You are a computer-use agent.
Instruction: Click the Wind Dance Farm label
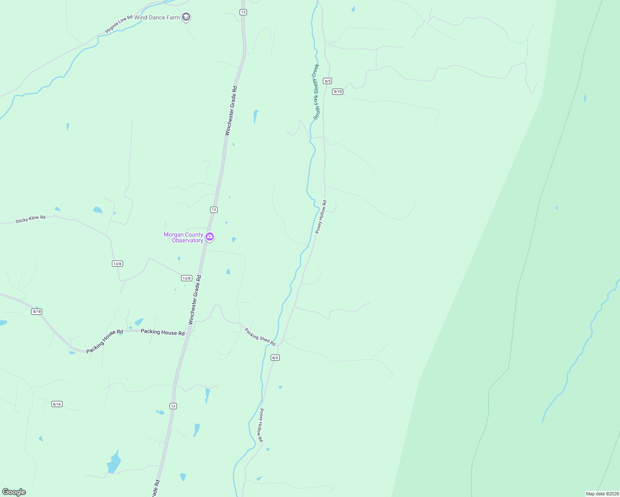pyautogui.click(x=157, y=17)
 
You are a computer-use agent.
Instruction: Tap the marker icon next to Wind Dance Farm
pyautogui.click(x=186, y=17)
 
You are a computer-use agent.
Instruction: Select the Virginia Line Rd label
pyautogui.click(x=119, y=24)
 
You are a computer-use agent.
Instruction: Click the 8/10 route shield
pyautogui.click(x=337, y=92)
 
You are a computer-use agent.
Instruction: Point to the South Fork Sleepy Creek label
pyautogui.click(x=316, y=92)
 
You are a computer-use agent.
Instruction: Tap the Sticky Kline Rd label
pyautogui.click(x=30, y=219)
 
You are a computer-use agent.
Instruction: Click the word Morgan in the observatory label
pyautogui.click(x=174, y=234)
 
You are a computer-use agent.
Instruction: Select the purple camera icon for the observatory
pyautogui.click(x=210, y=236)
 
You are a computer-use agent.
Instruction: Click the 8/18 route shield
pyautogui.click(x=36, y=311)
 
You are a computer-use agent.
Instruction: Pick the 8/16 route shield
pyautogui.click(x=57, y=404)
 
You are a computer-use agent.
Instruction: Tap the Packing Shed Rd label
pyautogui.click(x=260, y=337)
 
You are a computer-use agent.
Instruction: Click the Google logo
pyautogui.click(x=14, y=492)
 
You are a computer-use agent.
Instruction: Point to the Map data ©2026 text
pyautogui.click(x=602, y=494)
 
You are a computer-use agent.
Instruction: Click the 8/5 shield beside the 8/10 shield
pyautogui.click(x=327, y=81)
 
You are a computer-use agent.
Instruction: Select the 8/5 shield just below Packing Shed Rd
pyautogui.click(x=275, y=357)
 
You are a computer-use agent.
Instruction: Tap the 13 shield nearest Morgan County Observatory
pyautogui.click(x=213, y=210)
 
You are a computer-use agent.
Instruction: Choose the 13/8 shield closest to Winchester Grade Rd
pyautogui.click(x=186, y=278)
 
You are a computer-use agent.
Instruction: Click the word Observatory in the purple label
pyautogui.click(x=187, y=241)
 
